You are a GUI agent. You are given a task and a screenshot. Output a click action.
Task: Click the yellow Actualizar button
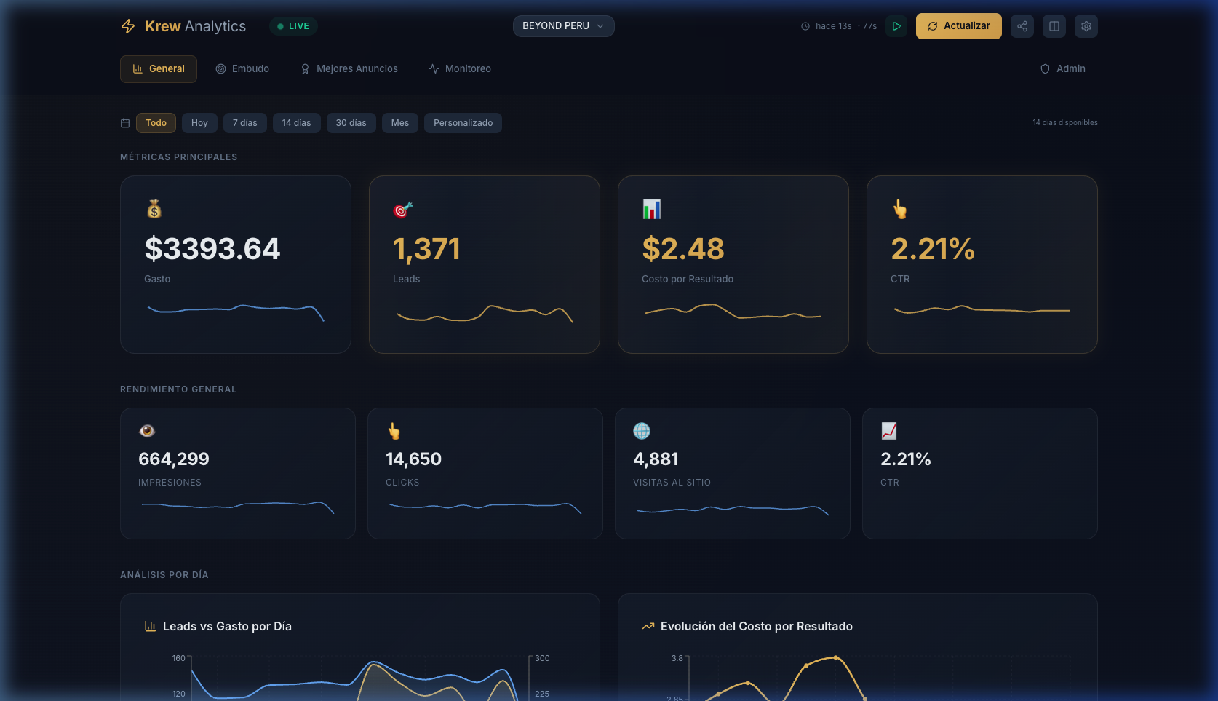pos(958,26)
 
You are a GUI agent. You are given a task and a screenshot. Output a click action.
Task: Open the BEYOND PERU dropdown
pos(563,26)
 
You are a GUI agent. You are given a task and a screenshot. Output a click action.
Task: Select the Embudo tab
pos(242,68)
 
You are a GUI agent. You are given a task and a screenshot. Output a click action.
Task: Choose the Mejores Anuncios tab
pos(349,68)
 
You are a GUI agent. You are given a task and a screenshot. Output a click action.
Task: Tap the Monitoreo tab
pos(460,68)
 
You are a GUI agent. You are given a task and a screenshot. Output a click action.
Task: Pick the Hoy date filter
pos(199,123)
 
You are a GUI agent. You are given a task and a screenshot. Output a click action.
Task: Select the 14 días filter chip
pos(296,123)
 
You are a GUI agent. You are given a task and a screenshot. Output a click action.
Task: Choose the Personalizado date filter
pos(463,123)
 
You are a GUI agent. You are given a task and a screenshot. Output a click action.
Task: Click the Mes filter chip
pos(399,123)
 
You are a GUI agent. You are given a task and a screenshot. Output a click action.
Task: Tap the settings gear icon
pos(1086,26)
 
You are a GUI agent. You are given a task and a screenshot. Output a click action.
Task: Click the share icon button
pos(1022,26)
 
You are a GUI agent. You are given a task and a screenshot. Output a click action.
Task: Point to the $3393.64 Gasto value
pos(212,249)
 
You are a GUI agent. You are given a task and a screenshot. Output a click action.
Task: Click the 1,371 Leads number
pos(426,249)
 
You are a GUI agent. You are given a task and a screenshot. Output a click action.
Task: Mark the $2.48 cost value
pos(682,249)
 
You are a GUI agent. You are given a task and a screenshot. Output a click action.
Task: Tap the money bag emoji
pos(154,210)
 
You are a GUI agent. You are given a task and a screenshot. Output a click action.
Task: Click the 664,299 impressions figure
pos(174,459)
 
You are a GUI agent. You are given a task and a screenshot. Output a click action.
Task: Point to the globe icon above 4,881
pos(642,431)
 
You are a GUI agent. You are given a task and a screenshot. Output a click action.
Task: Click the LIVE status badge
pos(293,26)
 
